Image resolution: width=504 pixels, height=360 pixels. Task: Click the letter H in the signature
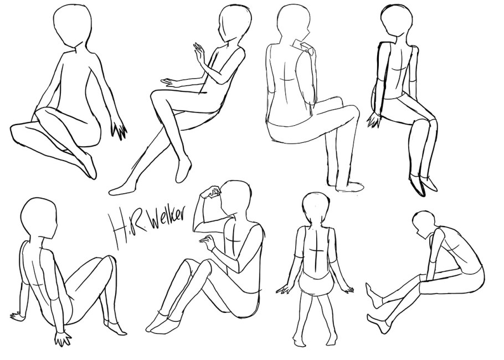[x=119, y=229]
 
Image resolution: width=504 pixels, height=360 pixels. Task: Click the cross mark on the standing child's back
[x=316, y=251]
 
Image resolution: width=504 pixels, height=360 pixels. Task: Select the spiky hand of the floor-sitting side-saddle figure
[x=119, y=130]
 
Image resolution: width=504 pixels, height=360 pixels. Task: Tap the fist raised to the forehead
[x=211, y=192]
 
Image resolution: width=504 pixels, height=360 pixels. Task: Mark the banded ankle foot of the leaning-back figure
[x=115, y=327]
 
